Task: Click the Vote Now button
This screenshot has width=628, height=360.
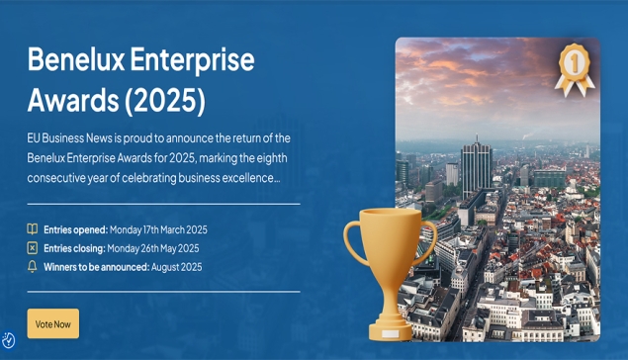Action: [52, 323]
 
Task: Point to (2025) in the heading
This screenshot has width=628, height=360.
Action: [169, 100]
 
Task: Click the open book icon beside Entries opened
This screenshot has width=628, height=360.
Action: [33, 229]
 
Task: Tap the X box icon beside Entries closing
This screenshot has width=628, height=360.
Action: [33, 248]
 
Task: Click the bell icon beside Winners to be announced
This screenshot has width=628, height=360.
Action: [33, 267]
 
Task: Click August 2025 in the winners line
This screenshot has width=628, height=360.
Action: [176, 267]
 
